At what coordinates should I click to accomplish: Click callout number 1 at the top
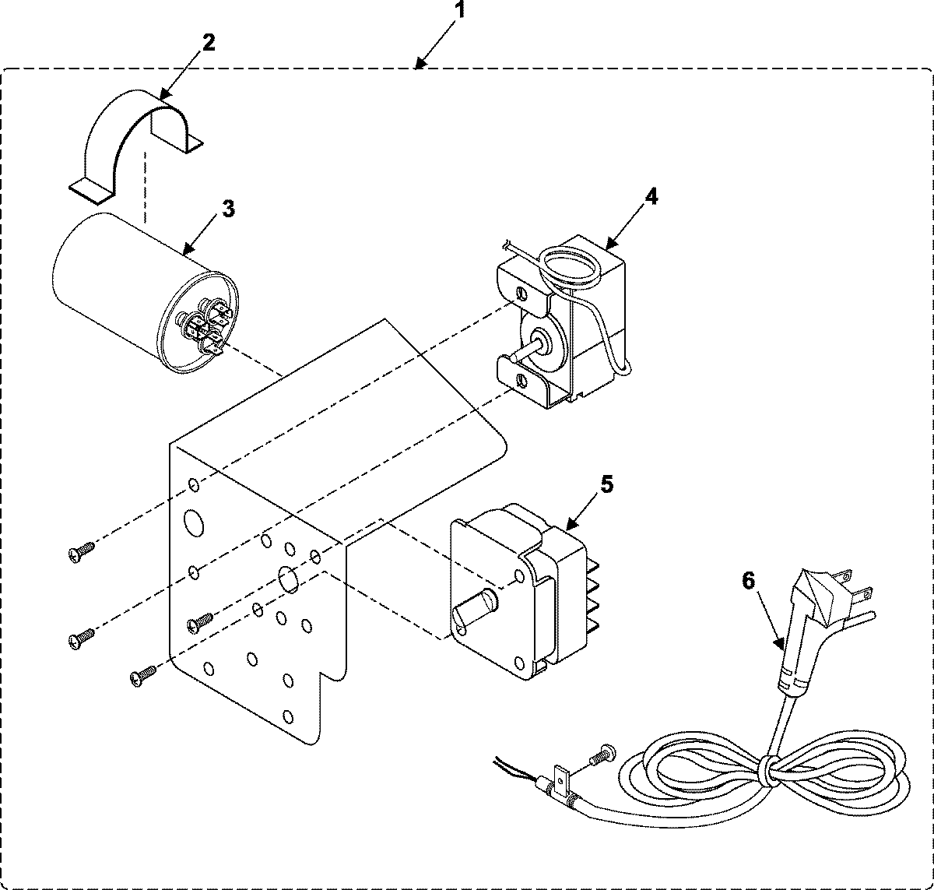(462, 11)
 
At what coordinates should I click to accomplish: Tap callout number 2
(207, 42)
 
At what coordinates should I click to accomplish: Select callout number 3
(227, 209)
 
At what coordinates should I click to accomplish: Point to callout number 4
(651, 196)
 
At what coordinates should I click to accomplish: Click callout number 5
(607, 484)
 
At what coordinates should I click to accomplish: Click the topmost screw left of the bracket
(81, 552)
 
